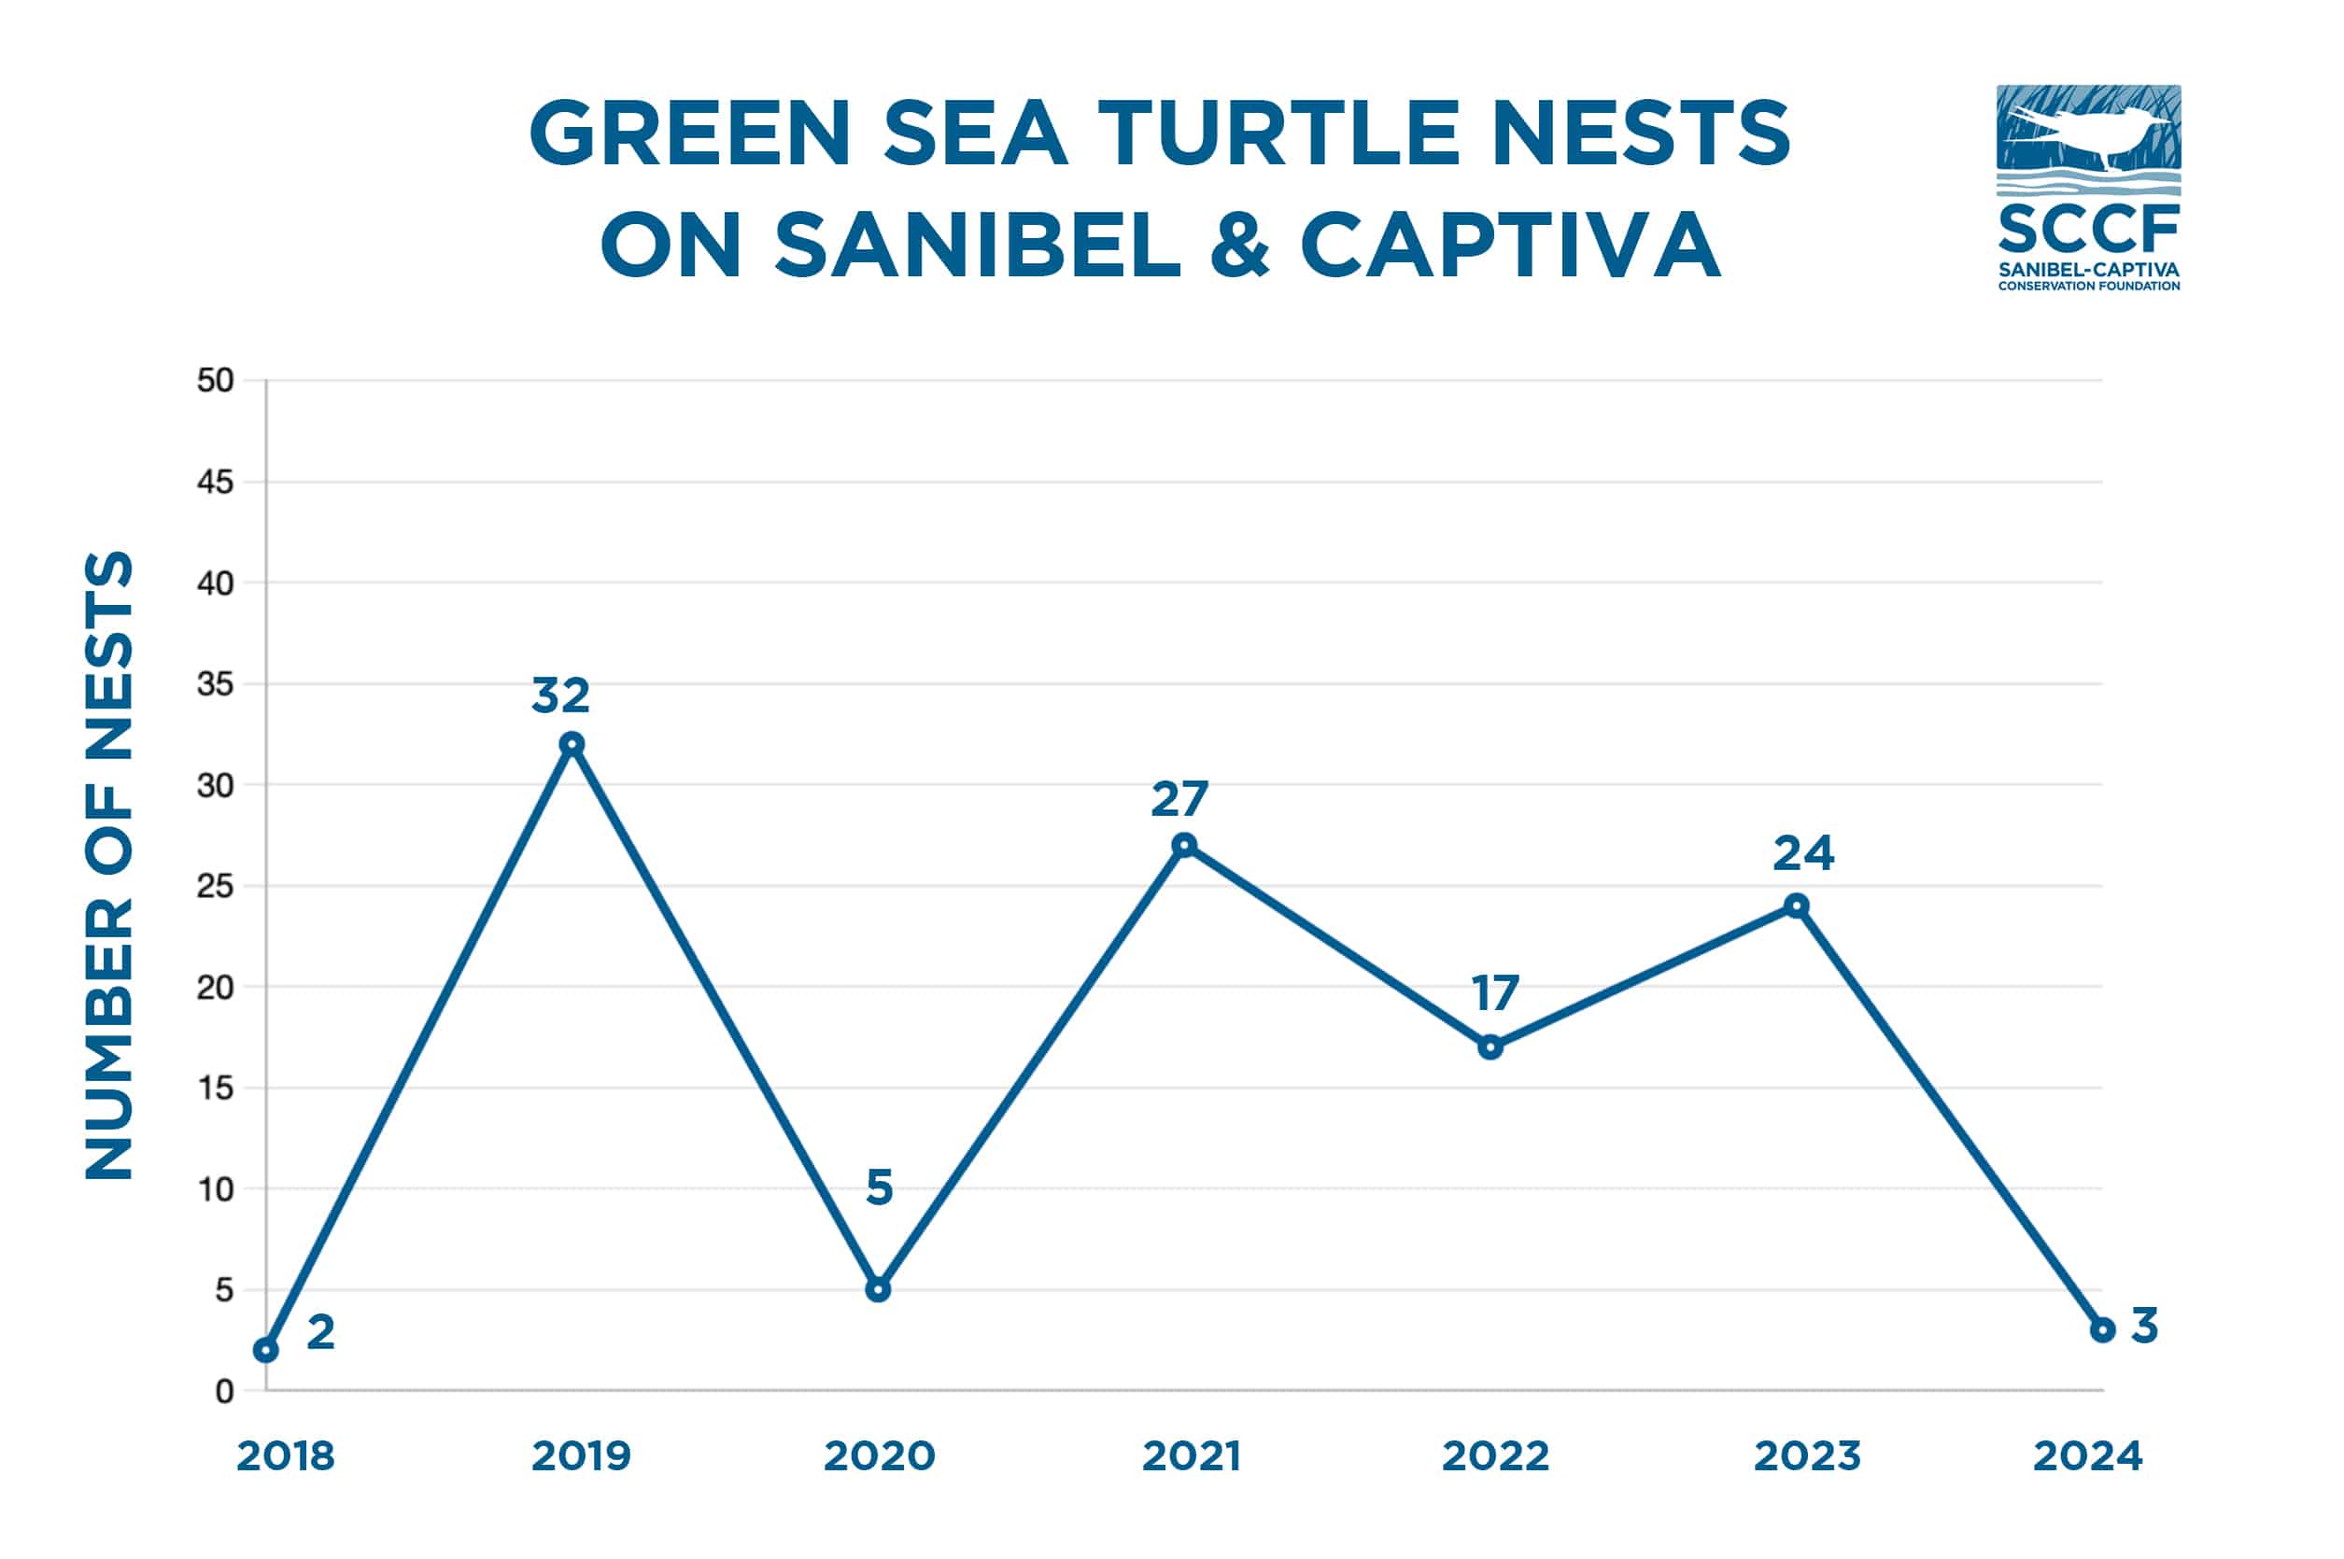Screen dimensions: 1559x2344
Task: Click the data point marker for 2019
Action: [572, 744]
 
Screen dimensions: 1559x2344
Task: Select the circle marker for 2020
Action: [877, 1289]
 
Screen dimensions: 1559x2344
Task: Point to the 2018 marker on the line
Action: [265, 1350]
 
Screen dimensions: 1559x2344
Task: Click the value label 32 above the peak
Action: [561, 695]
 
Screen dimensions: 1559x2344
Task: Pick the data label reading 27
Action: [1179, 798]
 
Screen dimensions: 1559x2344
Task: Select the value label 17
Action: [1495, 993]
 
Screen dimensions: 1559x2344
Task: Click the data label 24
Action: [1803, 853]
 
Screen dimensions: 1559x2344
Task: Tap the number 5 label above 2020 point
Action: [879, 1187]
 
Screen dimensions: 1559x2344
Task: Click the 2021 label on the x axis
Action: [1192, 1456]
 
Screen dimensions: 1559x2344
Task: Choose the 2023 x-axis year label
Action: [1806, 1456]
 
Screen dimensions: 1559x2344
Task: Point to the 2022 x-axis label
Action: [1495, 1456]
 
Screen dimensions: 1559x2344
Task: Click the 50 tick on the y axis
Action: [215, 381]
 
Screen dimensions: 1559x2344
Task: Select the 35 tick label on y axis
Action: [215, 684]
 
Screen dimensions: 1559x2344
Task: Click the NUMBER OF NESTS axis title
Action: [108, 865]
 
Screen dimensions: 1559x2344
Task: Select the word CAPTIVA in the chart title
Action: [1510, 246]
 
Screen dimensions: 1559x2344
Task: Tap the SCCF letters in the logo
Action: [2088, 229]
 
